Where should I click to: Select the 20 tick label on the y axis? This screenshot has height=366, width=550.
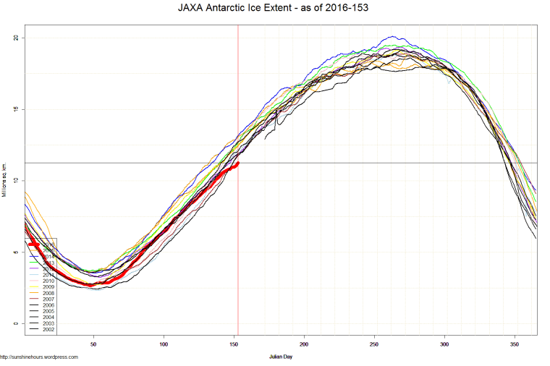(x=17, y=38)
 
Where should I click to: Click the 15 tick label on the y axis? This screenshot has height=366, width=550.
(x=17, y=109)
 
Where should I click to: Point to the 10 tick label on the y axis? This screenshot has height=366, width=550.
(x=17, y=181)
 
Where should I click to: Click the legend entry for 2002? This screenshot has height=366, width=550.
(x=45, y=329)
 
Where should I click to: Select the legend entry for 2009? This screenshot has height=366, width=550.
(x=45, y=287)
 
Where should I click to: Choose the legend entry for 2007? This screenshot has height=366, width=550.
(x=45, y=299)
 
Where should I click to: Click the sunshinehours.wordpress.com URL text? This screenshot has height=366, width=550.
(x=40, y=357)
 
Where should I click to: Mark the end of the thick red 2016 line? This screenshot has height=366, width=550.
(x=237, y=163)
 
